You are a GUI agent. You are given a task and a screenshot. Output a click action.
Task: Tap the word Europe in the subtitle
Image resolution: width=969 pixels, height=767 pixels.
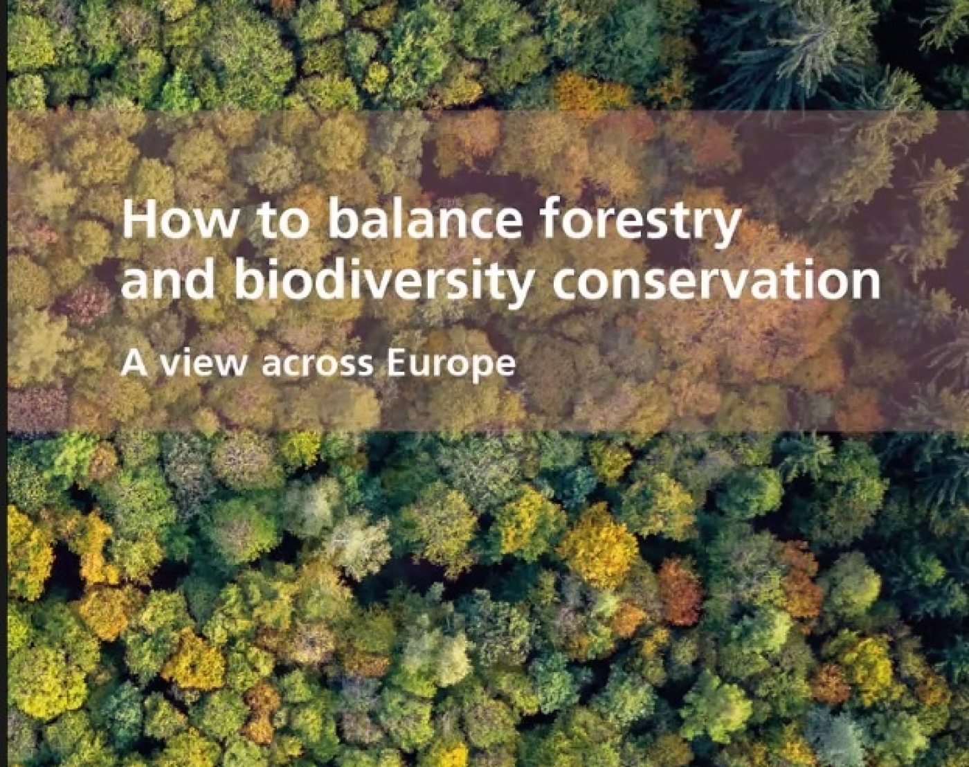coord(451,366)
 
